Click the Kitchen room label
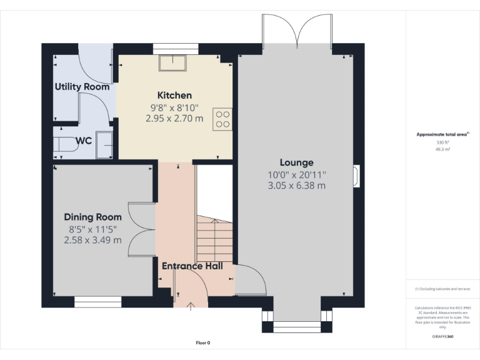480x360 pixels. pos(174,96)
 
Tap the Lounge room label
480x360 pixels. pos(297,162)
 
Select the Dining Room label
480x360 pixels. pos(92,217)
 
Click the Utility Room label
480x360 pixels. pos(82,87)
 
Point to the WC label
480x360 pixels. pos(84,141)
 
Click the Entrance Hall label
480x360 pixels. pos(192,266)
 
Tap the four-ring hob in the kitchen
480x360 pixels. pos(222,119)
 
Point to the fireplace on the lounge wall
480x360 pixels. pos(356,176)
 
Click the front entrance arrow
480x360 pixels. pos(191,305)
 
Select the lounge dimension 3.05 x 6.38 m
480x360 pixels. pos(297,186)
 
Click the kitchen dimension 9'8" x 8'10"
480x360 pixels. pos(174,107)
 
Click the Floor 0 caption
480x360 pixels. pos(203,342)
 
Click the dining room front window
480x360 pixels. pos(98,302)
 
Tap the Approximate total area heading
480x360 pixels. pos(442,134)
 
